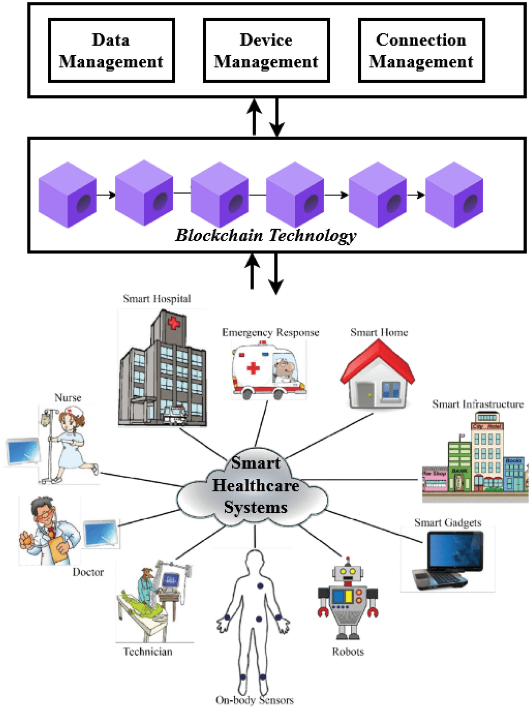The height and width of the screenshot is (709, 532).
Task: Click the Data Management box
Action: (111, 51)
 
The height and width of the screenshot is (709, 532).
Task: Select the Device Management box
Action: (266, 51)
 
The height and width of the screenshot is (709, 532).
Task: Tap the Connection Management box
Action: (421, 51)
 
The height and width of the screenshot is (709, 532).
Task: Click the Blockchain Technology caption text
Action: (266, 235)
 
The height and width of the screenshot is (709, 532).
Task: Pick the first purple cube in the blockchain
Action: (67, 195)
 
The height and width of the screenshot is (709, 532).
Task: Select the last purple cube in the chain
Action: (454, 195)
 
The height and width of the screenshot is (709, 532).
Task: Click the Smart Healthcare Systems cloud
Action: (255, 488)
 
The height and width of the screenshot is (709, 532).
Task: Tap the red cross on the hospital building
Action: (174, 324)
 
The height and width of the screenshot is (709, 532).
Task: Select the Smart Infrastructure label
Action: (477, 404)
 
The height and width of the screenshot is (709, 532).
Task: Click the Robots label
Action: (348, 651)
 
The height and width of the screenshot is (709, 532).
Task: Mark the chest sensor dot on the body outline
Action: (260, 586)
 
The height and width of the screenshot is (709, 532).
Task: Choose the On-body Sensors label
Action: (254, 700)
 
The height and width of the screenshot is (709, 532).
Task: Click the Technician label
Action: (148, 651)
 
